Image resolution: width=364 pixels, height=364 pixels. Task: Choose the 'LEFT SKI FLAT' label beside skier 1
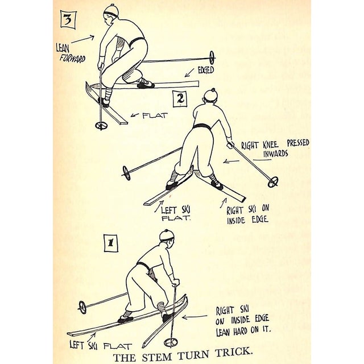coord(101,345)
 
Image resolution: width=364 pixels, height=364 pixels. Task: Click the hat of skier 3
coord(111,11)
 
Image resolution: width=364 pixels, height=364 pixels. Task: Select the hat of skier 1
coord(167,235)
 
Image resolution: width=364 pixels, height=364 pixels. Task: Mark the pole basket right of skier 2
coord(273,181)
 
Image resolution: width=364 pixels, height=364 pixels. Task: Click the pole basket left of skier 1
coord(82,307)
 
